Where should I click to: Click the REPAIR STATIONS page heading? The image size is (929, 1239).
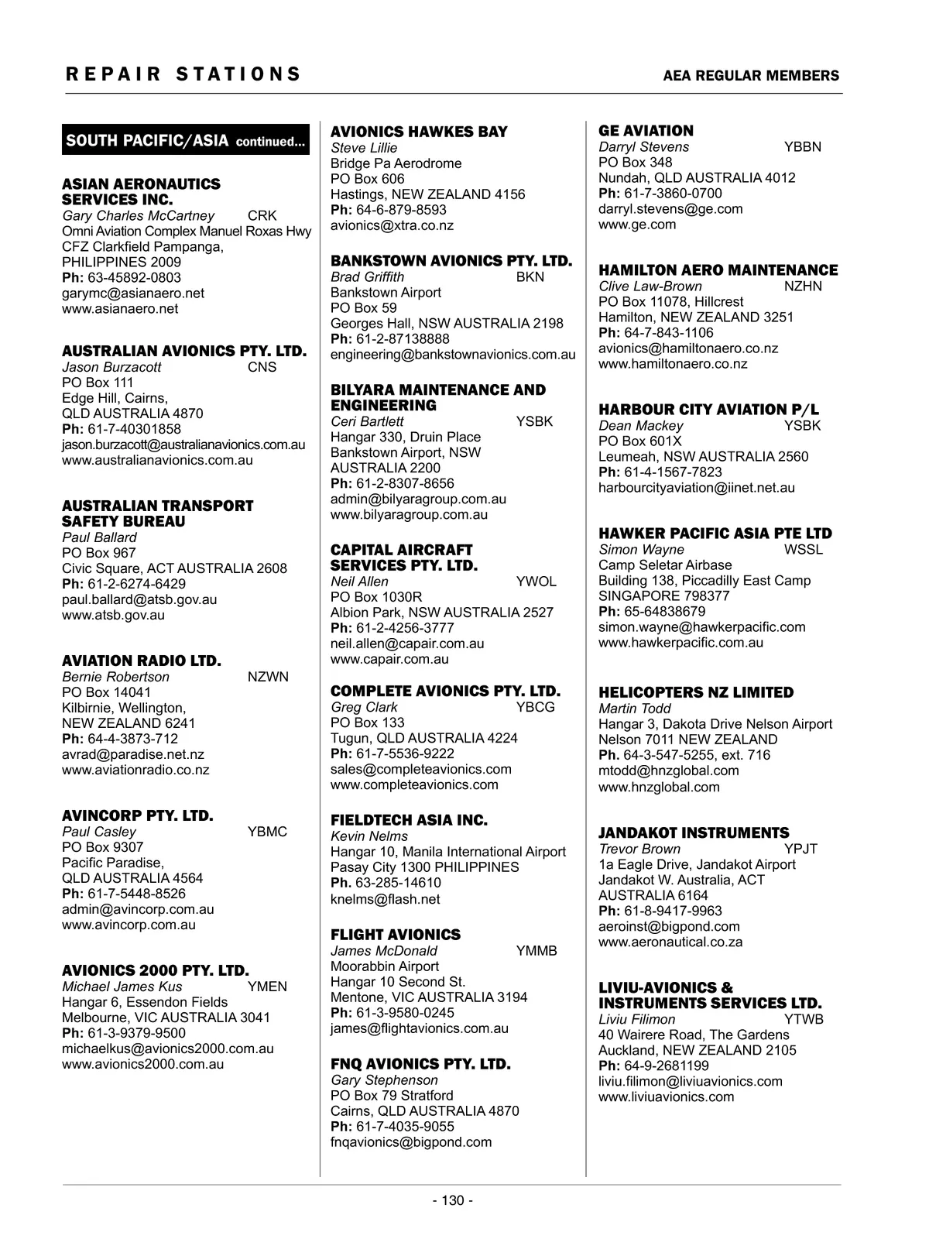(x=183, y=74)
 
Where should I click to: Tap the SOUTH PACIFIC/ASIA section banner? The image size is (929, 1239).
(x=186, y=140)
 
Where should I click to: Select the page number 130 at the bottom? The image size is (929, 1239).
(x=453, y=1200)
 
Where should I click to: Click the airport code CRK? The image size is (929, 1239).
(x=262, y=215)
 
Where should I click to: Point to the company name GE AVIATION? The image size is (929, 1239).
(x=646, y=131)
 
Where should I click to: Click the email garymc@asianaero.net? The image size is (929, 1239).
(x=133, y=293)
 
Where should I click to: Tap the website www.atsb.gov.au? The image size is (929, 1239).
(x=113, y=615)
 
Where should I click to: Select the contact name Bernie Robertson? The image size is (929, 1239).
(x=115, y=677)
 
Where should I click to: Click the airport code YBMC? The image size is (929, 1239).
(x=267, y=832)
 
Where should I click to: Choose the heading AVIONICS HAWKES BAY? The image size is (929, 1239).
(x=419, y=132)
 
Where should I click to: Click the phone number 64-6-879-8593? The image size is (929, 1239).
(x=401, y=210)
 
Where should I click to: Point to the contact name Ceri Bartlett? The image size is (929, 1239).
(x=367, y=421)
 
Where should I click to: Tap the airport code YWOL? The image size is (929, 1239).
(x=536, y=582)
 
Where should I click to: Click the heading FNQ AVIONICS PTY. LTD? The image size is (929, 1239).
(x=420, y=1064)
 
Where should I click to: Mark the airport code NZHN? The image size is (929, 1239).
(x=803, y=286)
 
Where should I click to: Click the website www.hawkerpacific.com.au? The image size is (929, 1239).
(x=680, y=642)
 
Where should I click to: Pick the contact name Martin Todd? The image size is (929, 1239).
(x=635, y=709)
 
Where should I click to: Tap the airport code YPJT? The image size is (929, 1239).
(x=800, y=849)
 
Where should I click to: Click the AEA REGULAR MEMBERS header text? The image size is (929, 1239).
(x=751, y=76)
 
